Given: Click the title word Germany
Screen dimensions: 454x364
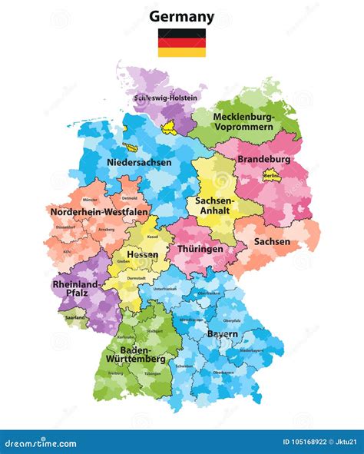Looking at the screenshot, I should tap(181, 16).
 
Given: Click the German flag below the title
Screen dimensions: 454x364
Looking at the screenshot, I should tap(182, 43).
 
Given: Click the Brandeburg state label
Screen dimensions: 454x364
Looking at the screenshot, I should tap(263, 159).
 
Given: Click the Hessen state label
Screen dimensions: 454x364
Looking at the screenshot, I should tap(142, 254).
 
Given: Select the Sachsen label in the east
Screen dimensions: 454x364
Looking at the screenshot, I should tap(272, 241).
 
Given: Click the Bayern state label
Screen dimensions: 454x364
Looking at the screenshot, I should tap(221, 335).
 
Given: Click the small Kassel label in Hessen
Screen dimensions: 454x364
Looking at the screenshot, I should tap(153, 237).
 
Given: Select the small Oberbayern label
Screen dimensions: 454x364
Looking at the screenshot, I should tap(223, 372).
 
